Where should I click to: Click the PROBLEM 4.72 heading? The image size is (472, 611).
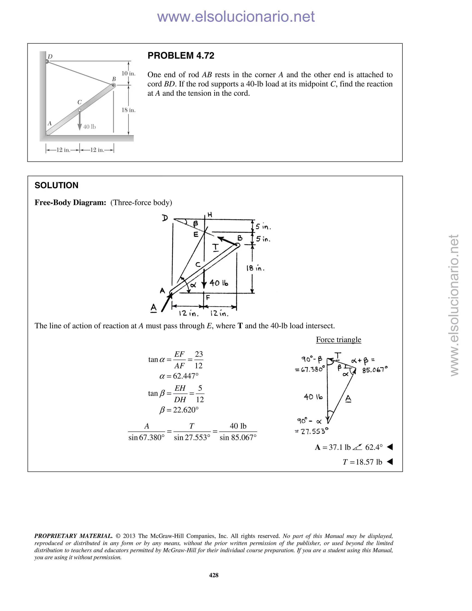pyautogui.click(x=181, y=56)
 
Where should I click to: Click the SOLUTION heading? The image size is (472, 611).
pyautogui.click(x=56, y=185)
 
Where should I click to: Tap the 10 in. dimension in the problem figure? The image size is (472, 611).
pyautogui.click(x=128, y=74)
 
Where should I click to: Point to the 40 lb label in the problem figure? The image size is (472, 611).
pyautogui.click(x=89, y=127)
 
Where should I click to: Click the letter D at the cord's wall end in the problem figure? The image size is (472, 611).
pyautogui.click(x=50, y=56)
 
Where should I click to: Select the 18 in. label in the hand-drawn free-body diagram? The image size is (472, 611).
pyautogui.click(x=255, y=268)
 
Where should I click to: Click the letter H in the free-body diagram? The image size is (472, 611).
pyautogui.click(x=210, y=215)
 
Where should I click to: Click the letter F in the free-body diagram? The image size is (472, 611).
pyautogui.click(x=208, y=298)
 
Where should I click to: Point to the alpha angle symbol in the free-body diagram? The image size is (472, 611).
pyautogui.click(x=192, y=285)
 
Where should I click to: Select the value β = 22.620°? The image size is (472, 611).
pyautogui.click(x=179, y=410)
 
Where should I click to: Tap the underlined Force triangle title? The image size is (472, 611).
pyautogui.click(x=338, y=340)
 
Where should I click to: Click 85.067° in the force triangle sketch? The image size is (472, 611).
pyautogui.click(x=375, y=370)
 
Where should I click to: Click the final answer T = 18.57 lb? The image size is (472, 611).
pyautogui.click(x=362, y=462)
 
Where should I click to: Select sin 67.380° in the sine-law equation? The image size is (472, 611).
pyautogui.click(x=147, y=438)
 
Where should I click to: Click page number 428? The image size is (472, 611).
pyautogui.click(x=214, y=575)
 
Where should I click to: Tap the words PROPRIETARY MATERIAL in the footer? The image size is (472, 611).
pyautogui.click(x=73, y=536)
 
